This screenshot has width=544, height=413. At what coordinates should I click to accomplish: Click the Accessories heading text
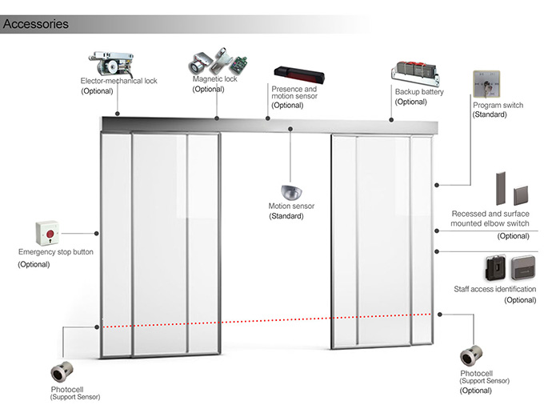36,24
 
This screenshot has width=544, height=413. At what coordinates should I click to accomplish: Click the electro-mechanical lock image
112,63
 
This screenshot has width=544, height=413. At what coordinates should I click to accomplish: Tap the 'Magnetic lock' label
214,78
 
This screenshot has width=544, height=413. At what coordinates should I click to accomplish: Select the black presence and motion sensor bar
299,75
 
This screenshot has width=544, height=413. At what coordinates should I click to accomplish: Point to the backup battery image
415,74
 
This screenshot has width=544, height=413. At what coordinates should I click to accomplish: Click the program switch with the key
486,84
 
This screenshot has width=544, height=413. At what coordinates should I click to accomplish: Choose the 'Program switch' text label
498,105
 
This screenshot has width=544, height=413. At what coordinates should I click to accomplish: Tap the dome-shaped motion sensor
291,192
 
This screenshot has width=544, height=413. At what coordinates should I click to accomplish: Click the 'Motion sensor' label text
291,206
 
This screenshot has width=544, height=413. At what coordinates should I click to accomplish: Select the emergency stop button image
47,233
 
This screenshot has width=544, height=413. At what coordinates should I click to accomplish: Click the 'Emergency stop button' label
56,252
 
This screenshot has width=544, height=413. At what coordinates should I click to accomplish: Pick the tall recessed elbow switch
501,188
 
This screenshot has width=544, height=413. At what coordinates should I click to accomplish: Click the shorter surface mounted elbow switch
521,196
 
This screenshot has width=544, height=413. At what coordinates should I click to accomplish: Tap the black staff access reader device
495,268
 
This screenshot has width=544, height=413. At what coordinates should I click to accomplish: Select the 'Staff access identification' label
494,289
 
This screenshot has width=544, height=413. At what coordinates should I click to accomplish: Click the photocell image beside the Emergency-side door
62,372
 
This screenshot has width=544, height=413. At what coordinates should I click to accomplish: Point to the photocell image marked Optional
471,356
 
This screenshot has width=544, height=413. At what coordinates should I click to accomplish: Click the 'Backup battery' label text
419,92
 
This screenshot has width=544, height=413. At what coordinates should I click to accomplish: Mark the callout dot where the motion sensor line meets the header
290,129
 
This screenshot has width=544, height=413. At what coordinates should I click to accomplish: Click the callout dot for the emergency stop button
97,234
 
